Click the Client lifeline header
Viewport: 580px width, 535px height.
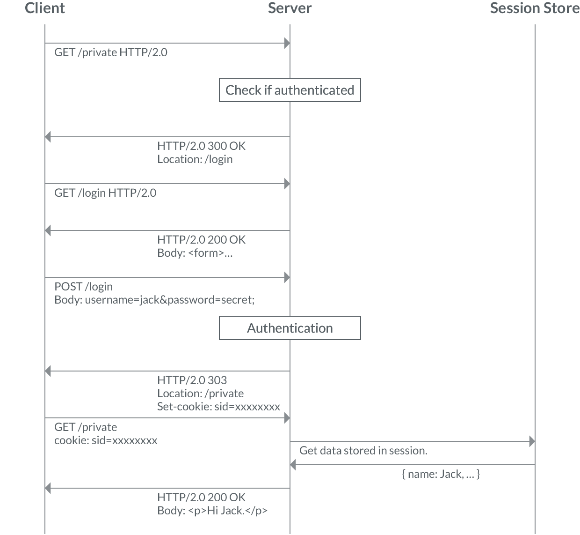click(x=45, y=8)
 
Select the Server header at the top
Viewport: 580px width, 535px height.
click(x=290, y=8)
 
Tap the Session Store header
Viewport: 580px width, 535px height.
click(x=535, y=8)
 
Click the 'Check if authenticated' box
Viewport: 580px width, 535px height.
click(x=290, y=90)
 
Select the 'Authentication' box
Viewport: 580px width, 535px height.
click(x=290, y=328)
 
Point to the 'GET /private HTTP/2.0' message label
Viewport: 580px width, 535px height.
click(x=111, y=52)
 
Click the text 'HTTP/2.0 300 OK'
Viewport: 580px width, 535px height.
click(x=201, y=146)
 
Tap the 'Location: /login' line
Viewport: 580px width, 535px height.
click(x=195, y=159)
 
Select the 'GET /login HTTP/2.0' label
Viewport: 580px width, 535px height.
click(x=105, y=193)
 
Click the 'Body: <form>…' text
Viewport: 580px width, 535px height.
click(x=195, y=253)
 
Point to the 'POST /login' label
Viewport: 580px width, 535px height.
click(x=83, y=287)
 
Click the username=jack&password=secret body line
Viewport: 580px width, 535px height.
click(x=154, y=300)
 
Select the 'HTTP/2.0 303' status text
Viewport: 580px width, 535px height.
click(x=192, y=380)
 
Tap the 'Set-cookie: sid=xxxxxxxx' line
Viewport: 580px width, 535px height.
click(x=218, y=407)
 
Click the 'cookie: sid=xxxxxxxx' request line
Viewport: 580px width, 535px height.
click(x=106, y=440)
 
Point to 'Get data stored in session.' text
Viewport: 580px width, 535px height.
click(x=363, y=451)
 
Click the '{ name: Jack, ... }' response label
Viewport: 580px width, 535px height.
click(x=441, y=474)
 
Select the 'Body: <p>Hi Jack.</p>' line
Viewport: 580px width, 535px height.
click(x=212, y=511)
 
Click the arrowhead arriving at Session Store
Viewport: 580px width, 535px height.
click(x=532, y=441)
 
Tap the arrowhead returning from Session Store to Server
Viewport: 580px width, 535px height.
click(x=293, y=465)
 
